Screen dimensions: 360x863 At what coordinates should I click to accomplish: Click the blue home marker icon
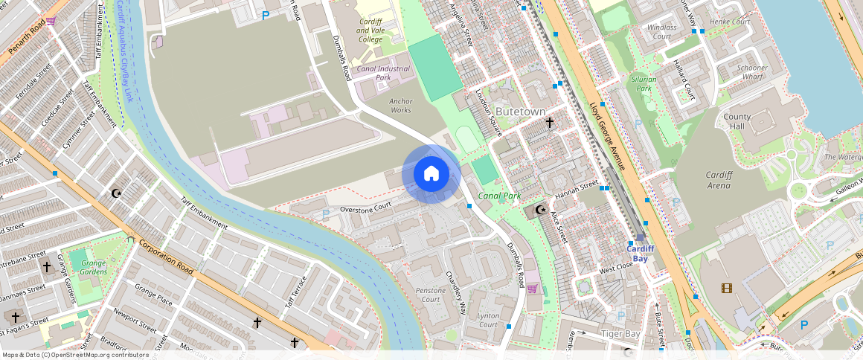(431, 174)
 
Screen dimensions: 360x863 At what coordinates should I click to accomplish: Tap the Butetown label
(520, 112)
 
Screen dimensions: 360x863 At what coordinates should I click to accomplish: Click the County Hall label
(737, 122)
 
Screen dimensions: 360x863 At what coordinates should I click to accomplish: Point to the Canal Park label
(498, 196)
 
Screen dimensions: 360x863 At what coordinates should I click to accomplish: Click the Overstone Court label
(365, 208)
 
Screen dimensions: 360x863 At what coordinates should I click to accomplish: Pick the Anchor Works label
(400, 106)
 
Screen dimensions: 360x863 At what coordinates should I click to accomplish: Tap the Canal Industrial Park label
(384, 73)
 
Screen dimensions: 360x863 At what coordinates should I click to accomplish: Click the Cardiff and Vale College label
(370, 30)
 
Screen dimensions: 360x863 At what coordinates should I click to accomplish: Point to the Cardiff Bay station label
(640, 254)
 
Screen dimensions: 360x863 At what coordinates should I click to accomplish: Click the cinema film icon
(726, 288)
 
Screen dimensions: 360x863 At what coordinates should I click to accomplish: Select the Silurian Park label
(643, 83)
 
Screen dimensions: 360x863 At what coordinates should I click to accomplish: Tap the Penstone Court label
(431, 295)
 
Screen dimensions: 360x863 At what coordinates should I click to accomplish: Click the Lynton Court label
(488, 321)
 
